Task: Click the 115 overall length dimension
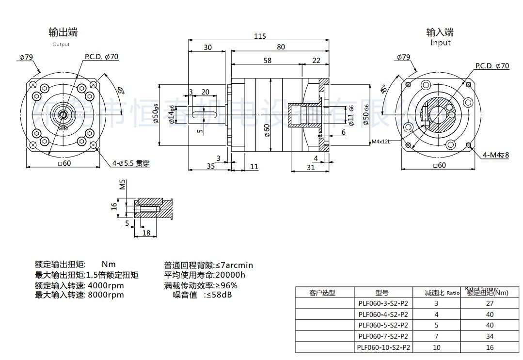click(260, 36)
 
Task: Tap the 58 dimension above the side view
click(267, 61)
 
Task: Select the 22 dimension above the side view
click(317, 61)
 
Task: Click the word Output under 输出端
click(61, 45)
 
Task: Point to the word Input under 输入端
click(440, 43)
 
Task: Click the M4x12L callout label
click(380, 142)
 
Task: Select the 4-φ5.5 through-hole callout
click(130, 164)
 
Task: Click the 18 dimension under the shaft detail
click(146, 233)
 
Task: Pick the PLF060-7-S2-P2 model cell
click(383, 336)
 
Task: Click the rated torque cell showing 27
click(490, 303)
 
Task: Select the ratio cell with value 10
click(436, 347)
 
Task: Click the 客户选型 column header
click(322, 293)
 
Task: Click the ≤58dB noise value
click(218, 295)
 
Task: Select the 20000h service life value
click(230, 275)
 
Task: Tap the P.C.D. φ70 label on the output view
click(101, 57)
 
